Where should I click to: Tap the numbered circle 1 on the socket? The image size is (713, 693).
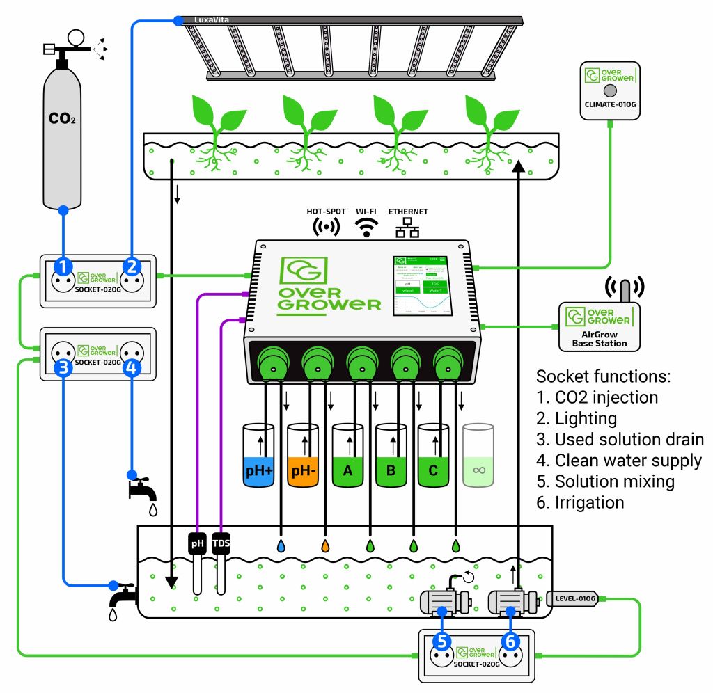coord(63,266)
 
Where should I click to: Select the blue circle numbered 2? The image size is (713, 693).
coord(132,266)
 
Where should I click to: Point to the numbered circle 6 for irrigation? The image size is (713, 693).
coord(510,641)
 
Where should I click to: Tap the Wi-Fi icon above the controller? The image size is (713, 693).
coord(368,227)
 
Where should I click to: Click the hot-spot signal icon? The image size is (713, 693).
coord(326,227)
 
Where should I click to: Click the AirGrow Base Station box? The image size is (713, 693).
coord(600,326)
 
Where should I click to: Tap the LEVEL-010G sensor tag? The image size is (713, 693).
coord(575,598)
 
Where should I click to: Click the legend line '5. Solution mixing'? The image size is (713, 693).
coord(604,481)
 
